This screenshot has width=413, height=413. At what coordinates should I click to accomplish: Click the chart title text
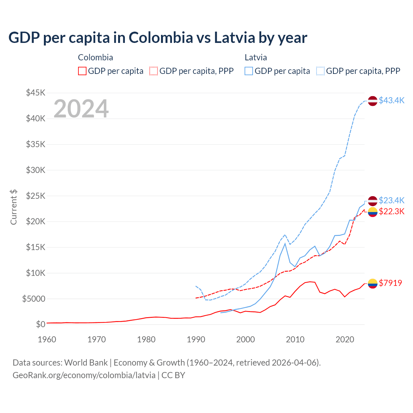click(158, 38)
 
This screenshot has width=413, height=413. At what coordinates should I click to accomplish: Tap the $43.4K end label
click(391, 100)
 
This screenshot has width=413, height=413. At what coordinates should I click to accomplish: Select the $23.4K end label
click(391, 200)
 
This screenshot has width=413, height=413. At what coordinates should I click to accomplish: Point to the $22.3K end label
click(391, 211)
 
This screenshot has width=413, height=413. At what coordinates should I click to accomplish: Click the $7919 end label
click(390, 283)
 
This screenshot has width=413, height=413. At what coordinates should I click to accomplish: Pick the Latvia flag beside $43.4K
click(373, 101)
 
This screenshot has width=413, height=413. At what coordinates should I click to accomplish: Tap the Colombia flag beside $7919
click(373, 283)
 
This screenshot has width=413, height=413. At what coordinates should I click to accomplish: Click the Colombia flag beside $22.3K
click(373, 212)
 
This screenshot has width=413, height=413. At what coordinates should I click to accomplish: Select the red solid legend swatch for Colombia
click(82, 71)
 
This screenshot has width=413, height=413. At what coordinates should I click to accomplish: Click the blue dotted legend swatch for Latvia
click(320, 71)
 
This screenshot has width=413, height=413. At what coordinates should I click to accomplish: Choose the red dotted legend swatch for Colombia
click(154, 71)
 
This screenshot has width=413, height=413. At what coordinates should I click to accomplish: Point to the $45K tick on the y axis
click(36, 93)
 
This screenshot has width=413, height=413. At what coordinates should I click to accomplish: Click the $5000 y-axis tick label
click(34, 299)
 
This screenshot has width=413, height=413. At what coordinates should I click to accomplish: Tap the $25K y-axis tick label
click(36, 196)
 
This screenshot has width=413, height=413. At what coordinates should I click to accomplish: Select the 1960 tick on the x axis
click(47, 339)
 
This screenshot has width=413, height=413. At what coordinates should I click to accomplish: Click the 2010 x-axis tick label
click(295, 339)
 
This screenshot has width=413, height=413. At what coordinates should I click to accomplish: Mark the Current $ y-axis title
click(14, 207)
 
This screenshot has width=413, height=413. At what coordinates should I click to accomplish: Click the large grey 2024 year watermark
click(81, 109)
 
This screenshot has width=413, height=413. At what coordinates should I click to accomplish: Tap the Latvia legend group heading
click(256, 57)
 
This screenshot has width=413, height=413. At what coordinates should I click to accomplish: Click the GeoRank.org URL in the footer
click(84, 375)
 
